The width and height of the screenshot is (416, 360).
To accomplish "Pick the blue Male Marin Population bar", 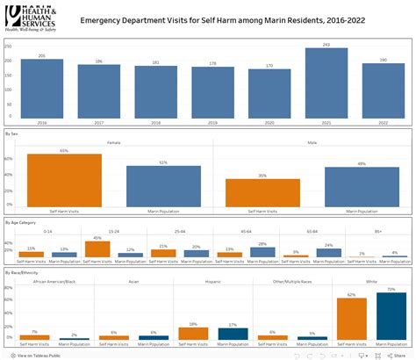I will point(362,186).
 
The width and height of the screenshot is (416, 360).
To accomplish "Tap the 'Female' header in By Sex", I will point(113,140).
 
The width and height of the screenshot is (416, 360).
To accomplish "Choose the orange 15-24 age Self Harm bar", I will point(97,248).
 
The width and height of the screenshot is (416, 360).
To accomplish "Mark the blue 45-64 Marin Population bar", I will point(262,251).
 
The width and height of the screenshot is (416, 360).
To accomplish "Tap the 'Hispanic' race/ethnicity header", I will point(211,282).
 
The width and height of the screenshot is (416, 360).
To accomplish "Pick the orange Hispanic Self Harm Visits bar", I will point(193,334).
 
